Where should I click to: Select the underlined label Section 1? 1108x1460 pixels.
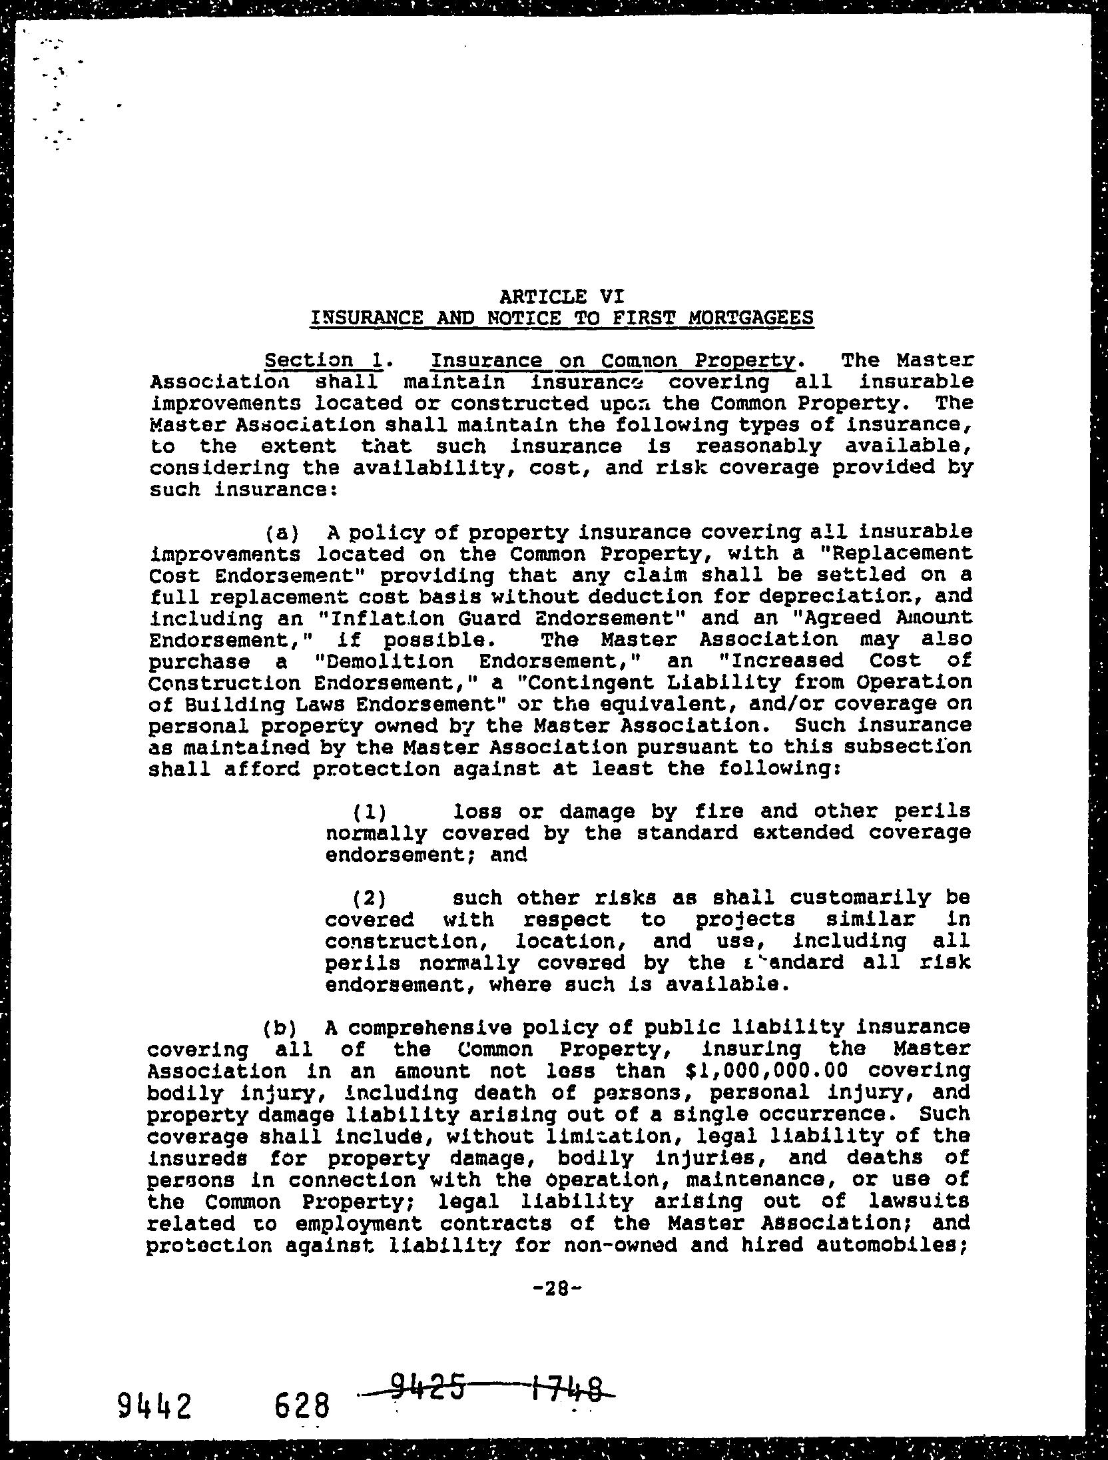point(323,360)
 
